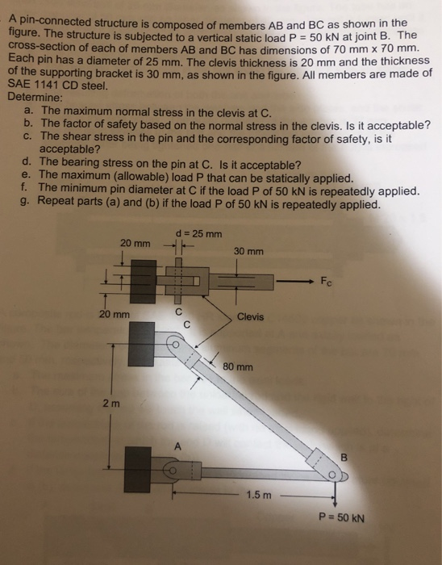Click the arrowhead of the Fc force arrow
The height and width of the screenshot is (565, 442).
click(x=310, y=281)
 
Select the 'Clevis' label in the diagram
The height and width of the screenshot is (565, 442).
click(x=250, y=317)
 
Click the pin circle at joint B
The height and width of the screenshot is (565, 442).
click(x=332, y=475)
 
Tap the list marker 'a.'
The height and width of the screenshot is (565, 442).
click(x=29, y=108)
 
